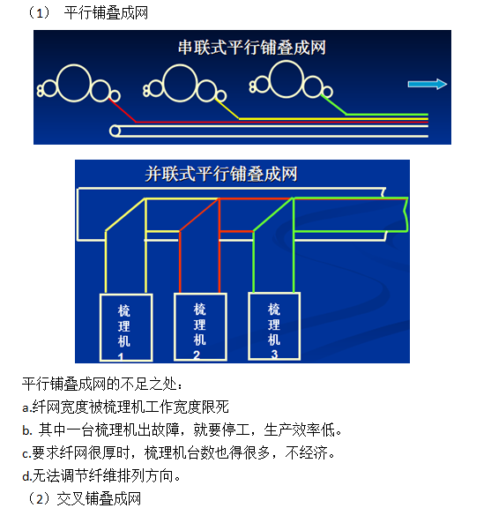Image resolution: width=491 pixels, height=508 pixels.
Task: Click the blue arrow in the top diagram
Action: pos(427,84)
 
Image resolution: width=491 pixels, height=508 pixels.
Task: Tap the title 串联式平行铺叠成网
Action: pos(251,48)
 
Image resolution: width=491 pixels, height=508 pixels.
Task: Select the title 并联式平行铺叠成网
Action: pos(221,174)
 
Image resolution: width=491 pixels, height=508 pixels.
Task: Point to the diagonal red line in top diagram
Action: pos(123,110)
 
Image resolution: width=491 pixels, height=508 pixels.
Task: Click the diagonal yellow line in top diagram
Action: pos(227,108)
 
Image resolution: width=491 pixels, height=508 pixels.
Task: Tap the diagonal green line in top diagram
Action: pos(333,105)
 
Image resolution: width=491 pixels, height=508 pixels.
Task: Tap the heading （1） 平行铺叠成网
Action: pos(87,13)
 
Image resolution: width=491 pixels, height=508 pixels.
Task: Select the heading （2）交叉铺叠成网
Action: pos(85,498)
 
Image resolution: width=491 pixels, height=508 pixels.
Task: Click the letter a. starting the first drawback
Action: pos(26,407)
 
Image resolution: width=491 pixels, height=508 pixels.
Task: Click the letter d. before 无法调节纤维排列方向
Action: pos(26,476)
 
